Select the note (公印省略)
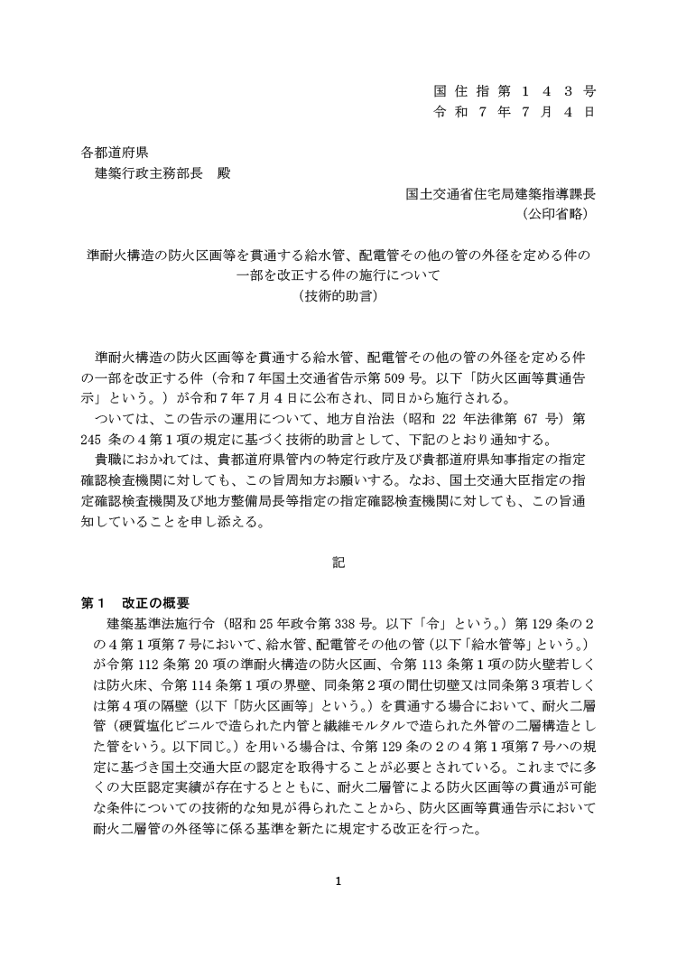tap(558, 215)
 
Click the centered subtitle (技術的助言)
tap(338, 295)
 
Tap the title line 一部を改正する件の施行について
tap(338, 275)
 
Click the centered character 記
tap(338, 563)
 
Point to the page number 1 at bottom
tap(338, 879)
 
